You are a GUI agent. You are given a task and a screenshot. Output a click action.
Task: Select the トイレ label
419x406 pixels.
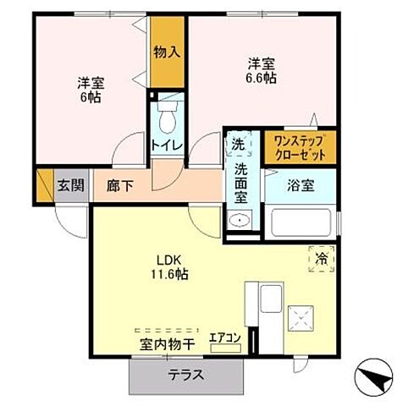tap(166, 145)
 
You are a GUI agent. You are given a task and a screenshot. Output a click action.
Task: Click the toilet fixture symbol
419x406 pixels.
tap(167, 114)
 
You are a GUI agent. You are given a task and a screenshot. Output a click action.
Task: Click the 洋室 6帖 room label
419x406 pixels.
tap(91, 91)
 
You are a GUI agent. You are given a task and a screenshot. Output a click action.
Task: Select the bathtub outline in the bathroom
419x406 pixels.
tap(301, 224)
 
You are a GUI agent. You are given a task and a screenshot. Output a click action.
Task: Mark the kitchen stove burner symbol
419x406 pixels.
tap(301, 318)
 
